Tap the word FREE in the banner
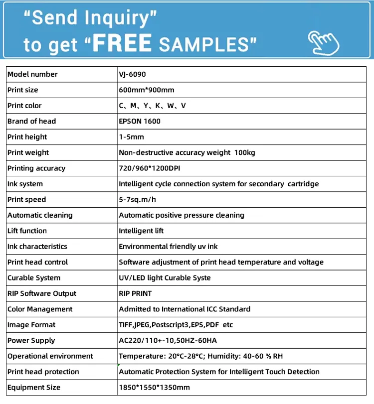[x=122, y=44]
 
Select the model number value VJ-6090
[x=132, y=74]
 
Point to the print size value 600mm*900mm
[x=146, y=90]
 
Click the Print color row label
[x=24, y=106]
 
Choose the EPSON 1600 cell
[x=140, y=121]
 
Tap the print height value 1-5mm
[x=131, y=137]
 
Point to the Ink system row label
[x=25, y=184]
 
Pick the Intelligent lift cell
[x=141, y=231]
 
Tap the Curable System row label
[x=34, y=277]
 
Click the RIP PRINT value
[x=135, y=293]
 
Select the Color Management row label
[x=40, y=309]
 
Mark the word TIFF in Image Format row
[x=126, y=325]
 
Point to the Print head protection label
[x=43, y=372]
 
